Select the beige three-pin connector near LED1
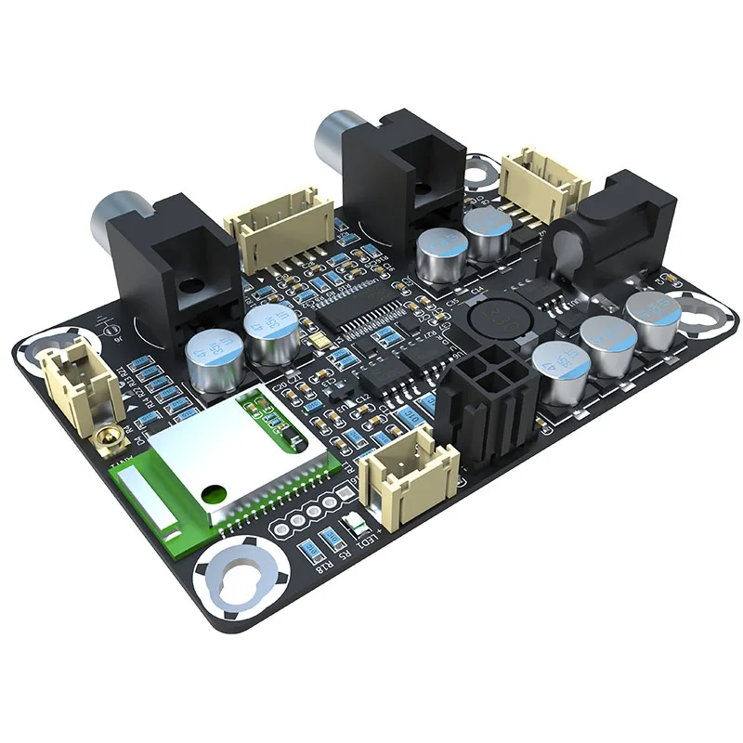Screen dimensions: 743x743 click(x=409, y=469)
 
